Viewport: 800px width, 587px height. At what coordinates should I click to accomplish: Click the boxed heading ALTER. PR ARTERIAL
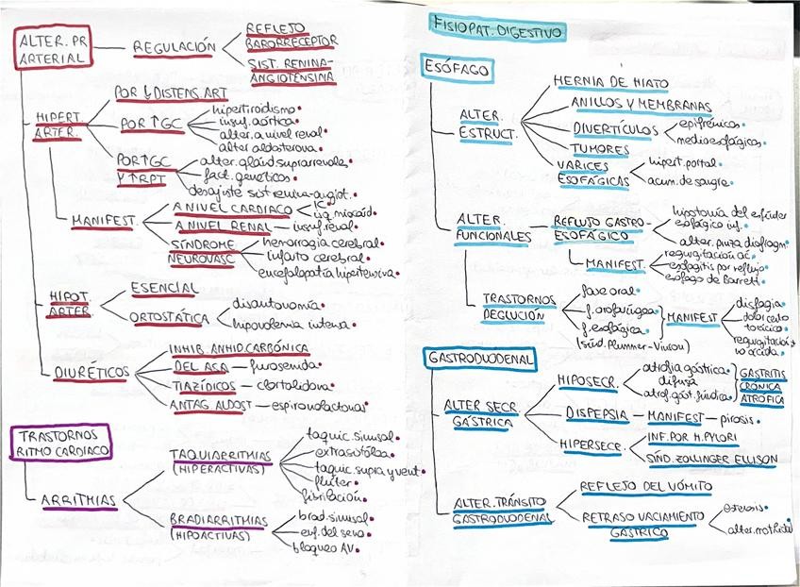coord(53,48)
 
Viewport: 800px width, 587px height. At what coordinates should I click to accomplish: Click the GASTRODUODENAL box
coord(481,359)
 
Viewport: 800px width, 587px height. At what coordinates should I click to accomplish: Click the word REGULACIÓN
coord(175,47)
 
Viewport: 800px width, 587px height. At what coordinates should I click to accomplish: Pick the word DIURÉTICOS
coord(92,372)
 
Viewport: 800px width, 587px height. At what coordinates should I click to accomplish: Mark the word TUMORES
coord(599,149)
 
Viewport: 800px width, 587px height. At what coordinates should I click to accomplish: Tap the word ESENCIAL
coord(163,288)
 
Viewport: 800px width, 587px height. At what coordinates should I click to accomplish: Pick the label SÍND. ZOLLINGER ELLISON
coord(710,459)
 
